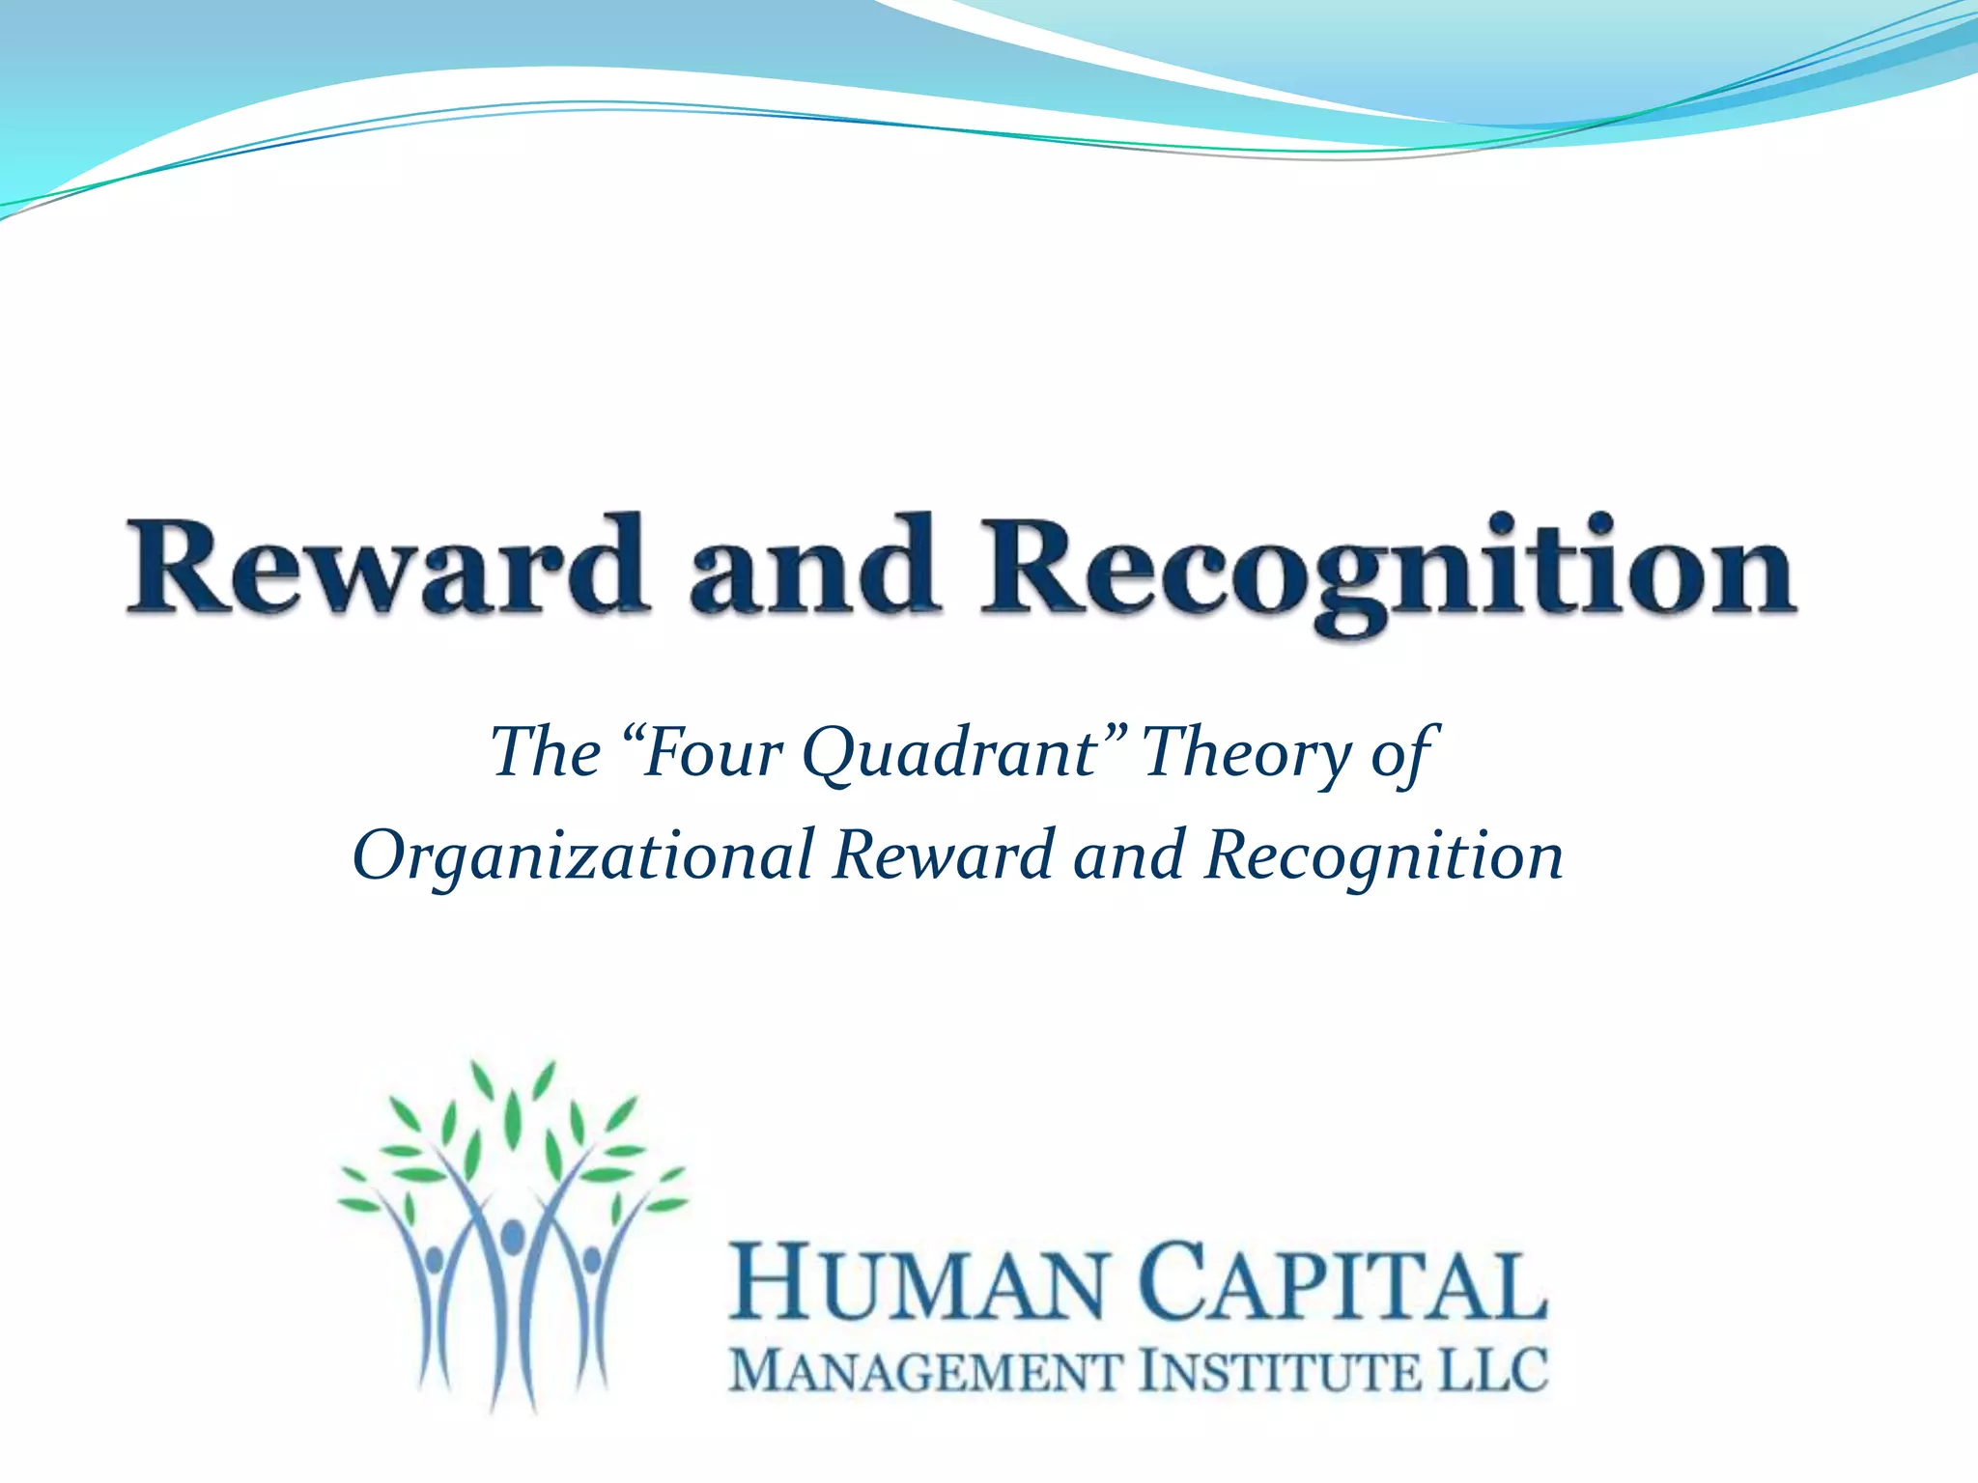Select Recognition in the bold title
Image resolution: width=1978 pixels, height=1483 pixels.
[1388, 570]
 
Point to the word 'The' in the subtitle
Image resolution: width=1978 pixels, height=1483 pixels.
[546, 752]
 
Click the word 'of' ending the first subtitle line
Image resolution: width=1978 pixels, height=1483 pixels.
[1404, 754]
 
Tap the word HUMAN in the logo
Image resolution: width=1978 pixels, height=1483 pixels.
[917, 1285]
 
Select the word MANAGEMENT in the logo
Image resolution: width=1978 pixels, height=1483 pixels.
[926, 1372]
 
